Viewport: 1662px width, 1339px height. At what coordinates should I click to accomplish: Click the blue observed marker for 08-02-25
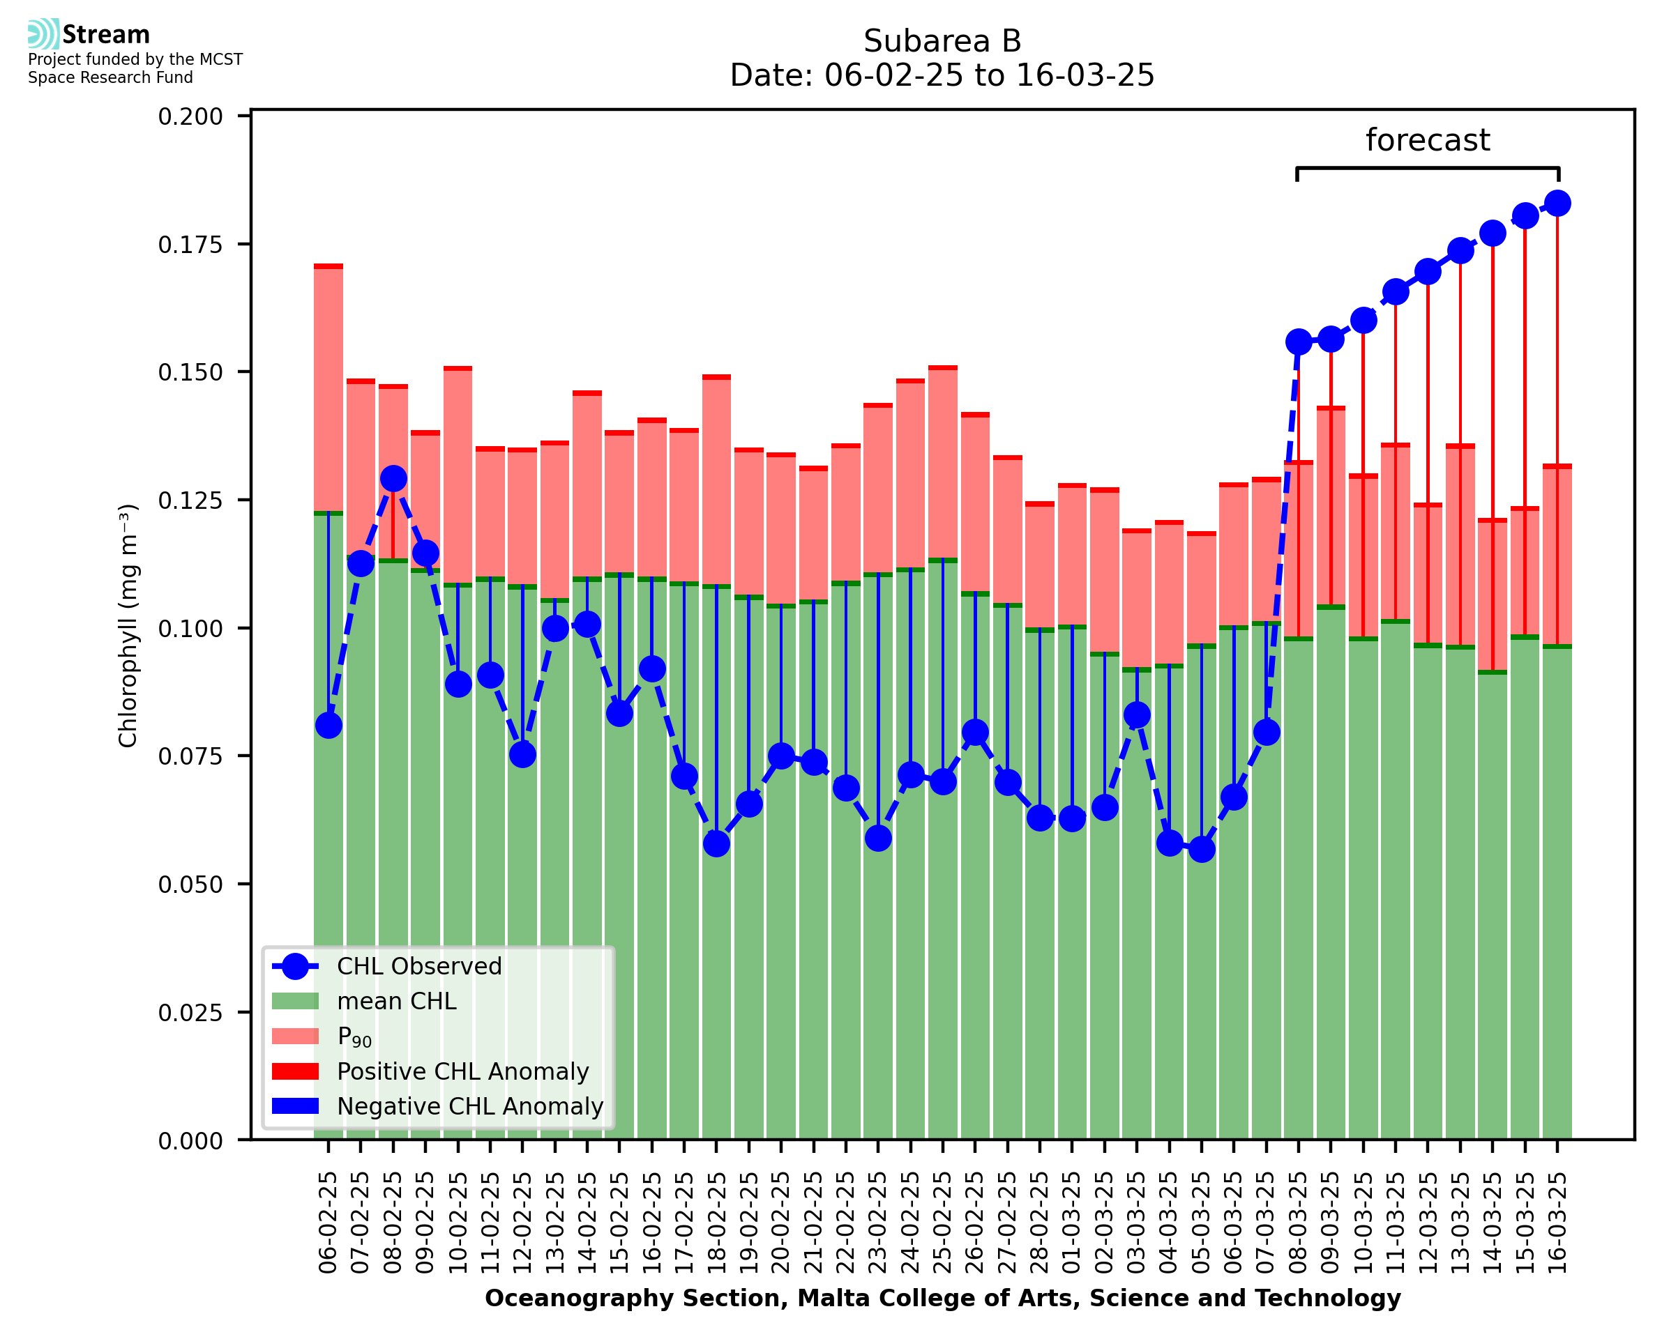pos(393,478)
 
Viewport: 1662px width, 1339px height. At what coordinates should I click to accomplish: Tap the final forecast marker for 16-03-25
pos(1557,204)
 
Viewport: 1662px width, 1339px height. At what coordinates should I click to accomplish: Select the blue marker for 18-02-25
pos(716,844)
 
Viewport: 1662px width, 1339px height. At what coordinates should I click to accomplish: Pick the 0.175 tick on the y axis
pos(190,245)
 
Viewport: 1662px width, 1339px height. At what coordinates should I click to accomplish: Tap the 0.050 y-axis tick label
pos(190,885)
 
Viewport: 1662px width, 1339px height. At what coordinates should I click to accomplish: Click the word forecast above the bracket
pos(1428,140)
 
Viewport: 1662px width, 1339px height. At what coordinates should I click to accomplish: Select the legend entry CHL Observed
pos(419,967)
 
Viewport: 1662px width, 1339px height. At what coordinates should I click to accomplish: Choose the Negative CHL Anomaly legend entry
pos(469,1106)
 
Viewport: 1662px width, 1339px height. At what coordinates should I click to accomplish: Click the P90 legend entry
pos(354,1036)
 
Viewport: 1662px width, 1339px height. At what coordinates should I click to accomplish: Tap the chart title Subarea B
pos(942,41)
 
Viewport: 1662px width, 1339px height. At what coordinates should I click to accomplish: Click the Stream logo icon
pos(43,34)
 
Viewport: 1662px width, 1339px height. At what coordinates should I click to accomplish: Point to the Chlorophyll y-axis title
pos(128,625)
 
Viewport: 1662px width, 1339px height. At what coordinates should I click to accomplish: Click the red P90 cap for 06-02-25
pos(328,267)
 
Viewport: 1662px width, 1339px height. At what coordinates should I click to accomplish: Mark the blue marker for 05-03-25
pos(1202,849)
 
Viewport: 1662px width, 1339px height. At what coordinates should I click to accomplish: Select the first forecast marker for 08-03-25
pos(1299,342)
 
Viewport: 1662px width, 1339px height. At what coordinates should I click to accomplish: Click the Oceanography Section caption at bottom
pos(942,1298)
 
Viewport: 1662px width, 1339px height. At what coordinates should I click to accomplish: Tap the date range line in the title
pos(942,75)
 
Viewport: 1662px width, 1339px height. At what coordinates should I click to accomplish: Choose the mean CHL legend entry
pos(396,1001)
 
